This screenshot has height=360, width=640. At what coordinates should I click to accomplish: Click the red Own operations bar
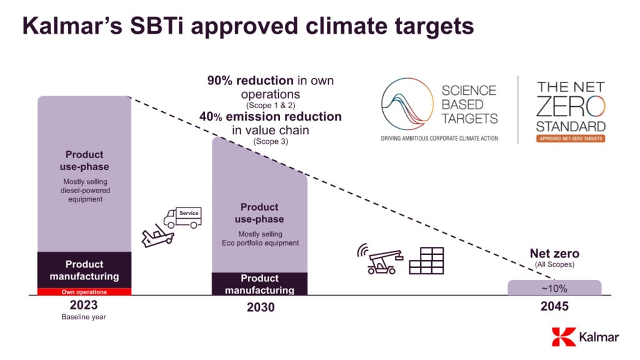(84, 292)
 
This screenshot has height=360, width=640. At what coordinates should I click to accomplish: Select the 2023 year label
(84, 305)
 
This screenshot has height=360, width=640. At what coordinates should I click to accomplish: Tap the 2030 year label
(259, 307)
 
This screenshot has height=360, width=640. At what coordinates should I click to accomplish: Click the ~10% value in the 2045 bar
(554, 288)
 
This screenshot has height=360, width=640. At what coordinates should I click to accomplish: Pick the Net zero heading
(554, 254)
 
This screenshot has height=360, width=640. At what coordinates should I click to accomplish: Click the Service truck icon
(181, 216)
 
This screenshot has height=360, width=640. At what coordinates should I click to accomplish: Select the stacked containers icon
(426, 261)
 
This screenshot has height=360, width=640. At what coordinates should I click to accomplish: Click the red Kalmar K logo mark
(564, 337)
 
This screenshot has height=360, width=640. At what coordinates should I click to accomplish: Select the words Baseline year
(84, 317)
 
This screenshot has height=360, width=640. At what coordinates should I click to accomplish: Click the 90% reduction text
(251, 81)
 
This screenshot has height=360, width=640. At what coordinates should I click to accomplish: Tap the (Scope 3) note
(271, 142)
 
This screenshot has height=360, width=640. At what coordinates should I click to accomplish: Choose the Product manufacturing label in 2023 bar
(84, 270)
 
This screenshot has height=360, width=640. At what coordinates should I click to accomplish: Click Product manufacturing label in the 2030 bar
(259, 284)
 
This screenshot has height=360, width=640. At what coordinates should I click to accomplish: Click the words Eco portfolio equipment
(259, 242)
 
